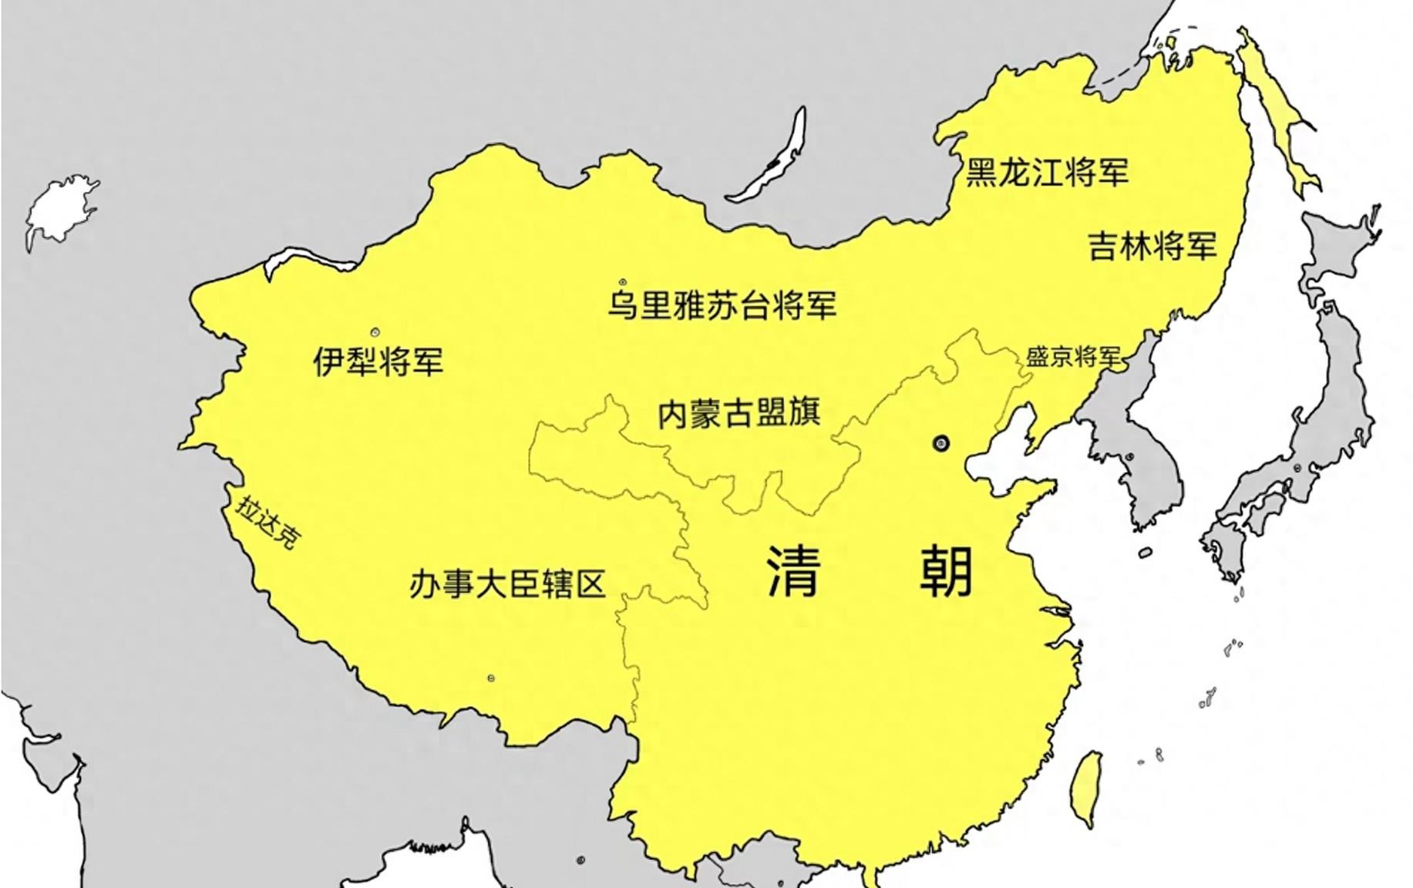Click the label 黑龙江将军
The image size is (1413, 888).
(1047, 172)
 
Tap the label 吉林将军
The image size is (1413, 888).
(1152, 246)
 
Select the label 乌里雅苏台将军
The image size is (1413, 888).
(722, 305)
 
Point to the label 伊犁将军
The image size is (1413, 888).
(378, 361)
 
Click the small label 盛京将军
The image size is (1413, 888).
(1072, 357)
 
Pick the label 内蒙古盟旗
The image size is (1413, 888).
(738, 413)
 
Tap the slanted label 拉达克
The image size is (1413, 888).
(267, 523)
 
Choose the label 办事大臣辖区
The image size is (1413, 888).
(506, 584)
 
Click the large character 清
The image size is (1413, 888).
(792, 571)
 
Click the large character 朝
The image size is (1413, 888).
(946, 571)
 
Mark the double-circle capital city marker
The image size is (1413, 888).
(940, 443)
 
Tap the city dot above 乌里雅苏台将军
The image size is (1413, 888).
(623, 282)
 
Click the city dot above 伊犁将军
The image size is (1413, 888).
(375, 332)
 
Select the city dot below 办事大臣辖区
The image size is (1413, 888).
(491, 678)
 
